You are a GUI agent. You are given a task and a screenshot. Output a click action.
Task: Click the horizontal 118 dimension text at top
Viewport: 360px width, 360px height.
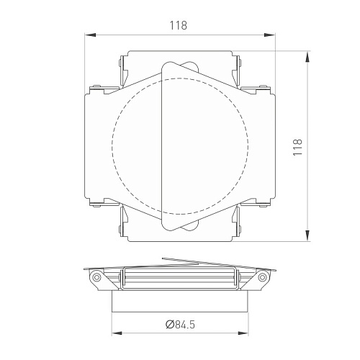(179, 25)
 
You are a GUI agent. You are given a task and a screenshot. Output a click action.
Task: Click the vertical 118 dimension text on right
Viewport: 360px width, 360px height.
(297, 147)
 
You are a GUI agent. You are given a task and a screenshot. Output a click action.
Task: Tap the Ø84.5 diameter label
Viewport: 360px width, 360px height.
(180, 325)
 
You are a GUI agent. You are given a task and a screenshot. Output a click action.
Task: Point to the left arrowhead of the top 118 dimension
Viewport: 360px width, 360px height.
(91, 35)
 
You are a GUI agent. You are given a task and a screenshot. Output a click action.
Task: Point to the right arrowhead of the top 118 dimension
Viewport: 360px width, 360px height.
(269, 35)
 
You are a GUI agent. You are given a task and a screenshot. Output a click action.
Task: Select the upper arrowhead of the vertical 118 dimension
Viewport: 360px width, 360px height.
(307, 57)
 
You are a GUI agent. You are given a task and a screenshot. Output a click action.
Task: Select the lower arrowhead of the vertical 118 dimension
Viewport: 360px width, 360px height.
(307, 235)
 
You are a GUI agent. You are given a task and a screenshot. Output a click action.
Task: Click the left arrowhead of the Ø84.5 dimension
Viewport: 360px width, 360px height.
(117, 333)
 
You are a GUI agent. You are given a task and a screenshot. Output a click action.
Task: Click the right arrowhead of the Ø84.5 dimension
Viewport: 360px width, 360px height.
(243, 333)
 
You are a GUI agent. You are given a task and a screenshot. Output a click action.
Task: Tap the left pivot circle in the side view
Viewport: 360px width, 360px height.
(96, 277)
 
